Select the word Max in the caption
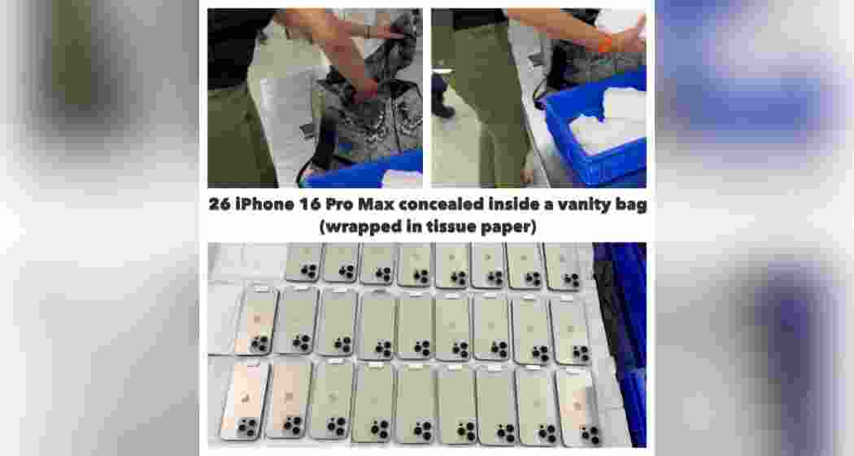point(372,205)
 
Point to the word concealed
point(439,205)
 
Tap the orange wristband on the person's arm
point(606,45)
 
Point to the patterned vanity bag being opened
point(370,114)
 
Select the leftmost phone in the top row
point(303,262)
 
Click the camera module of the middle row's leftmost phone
point(259,344)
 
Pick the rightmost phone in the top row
point(562,265)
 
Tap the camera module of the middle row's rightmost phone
point(580,353)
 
